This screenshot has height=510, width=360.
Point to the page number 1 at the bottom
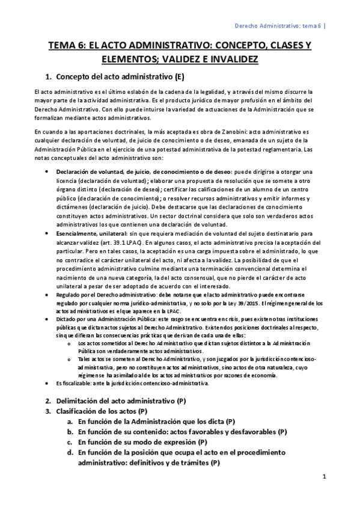point(324,478)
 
